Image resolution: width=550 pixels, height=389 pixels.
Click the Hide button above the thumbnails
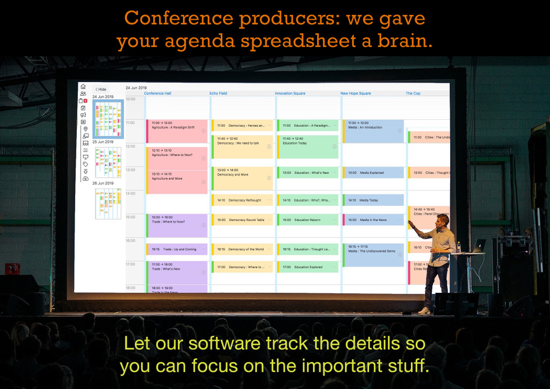100,89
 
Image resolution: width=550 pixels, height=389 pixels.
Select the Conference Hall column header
157,93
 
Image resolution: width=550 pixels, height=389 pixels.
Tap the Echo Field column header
218,93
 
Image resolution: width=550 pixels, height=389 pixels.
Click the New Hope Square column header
356,93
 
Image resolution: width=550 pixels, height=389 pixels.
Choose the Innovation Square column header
290,93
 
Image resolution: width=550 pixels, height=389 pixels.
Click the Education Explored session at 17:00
308,267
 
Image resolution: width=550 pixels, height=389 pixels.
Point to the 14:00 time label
131,193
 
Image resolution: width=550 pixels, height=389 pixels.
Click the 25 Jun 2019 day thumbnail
108,162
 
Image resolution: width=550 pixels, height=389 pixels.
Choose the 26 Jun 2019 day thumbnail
108,203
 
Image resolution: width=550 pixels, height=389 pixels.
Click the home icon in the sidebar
83,86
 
